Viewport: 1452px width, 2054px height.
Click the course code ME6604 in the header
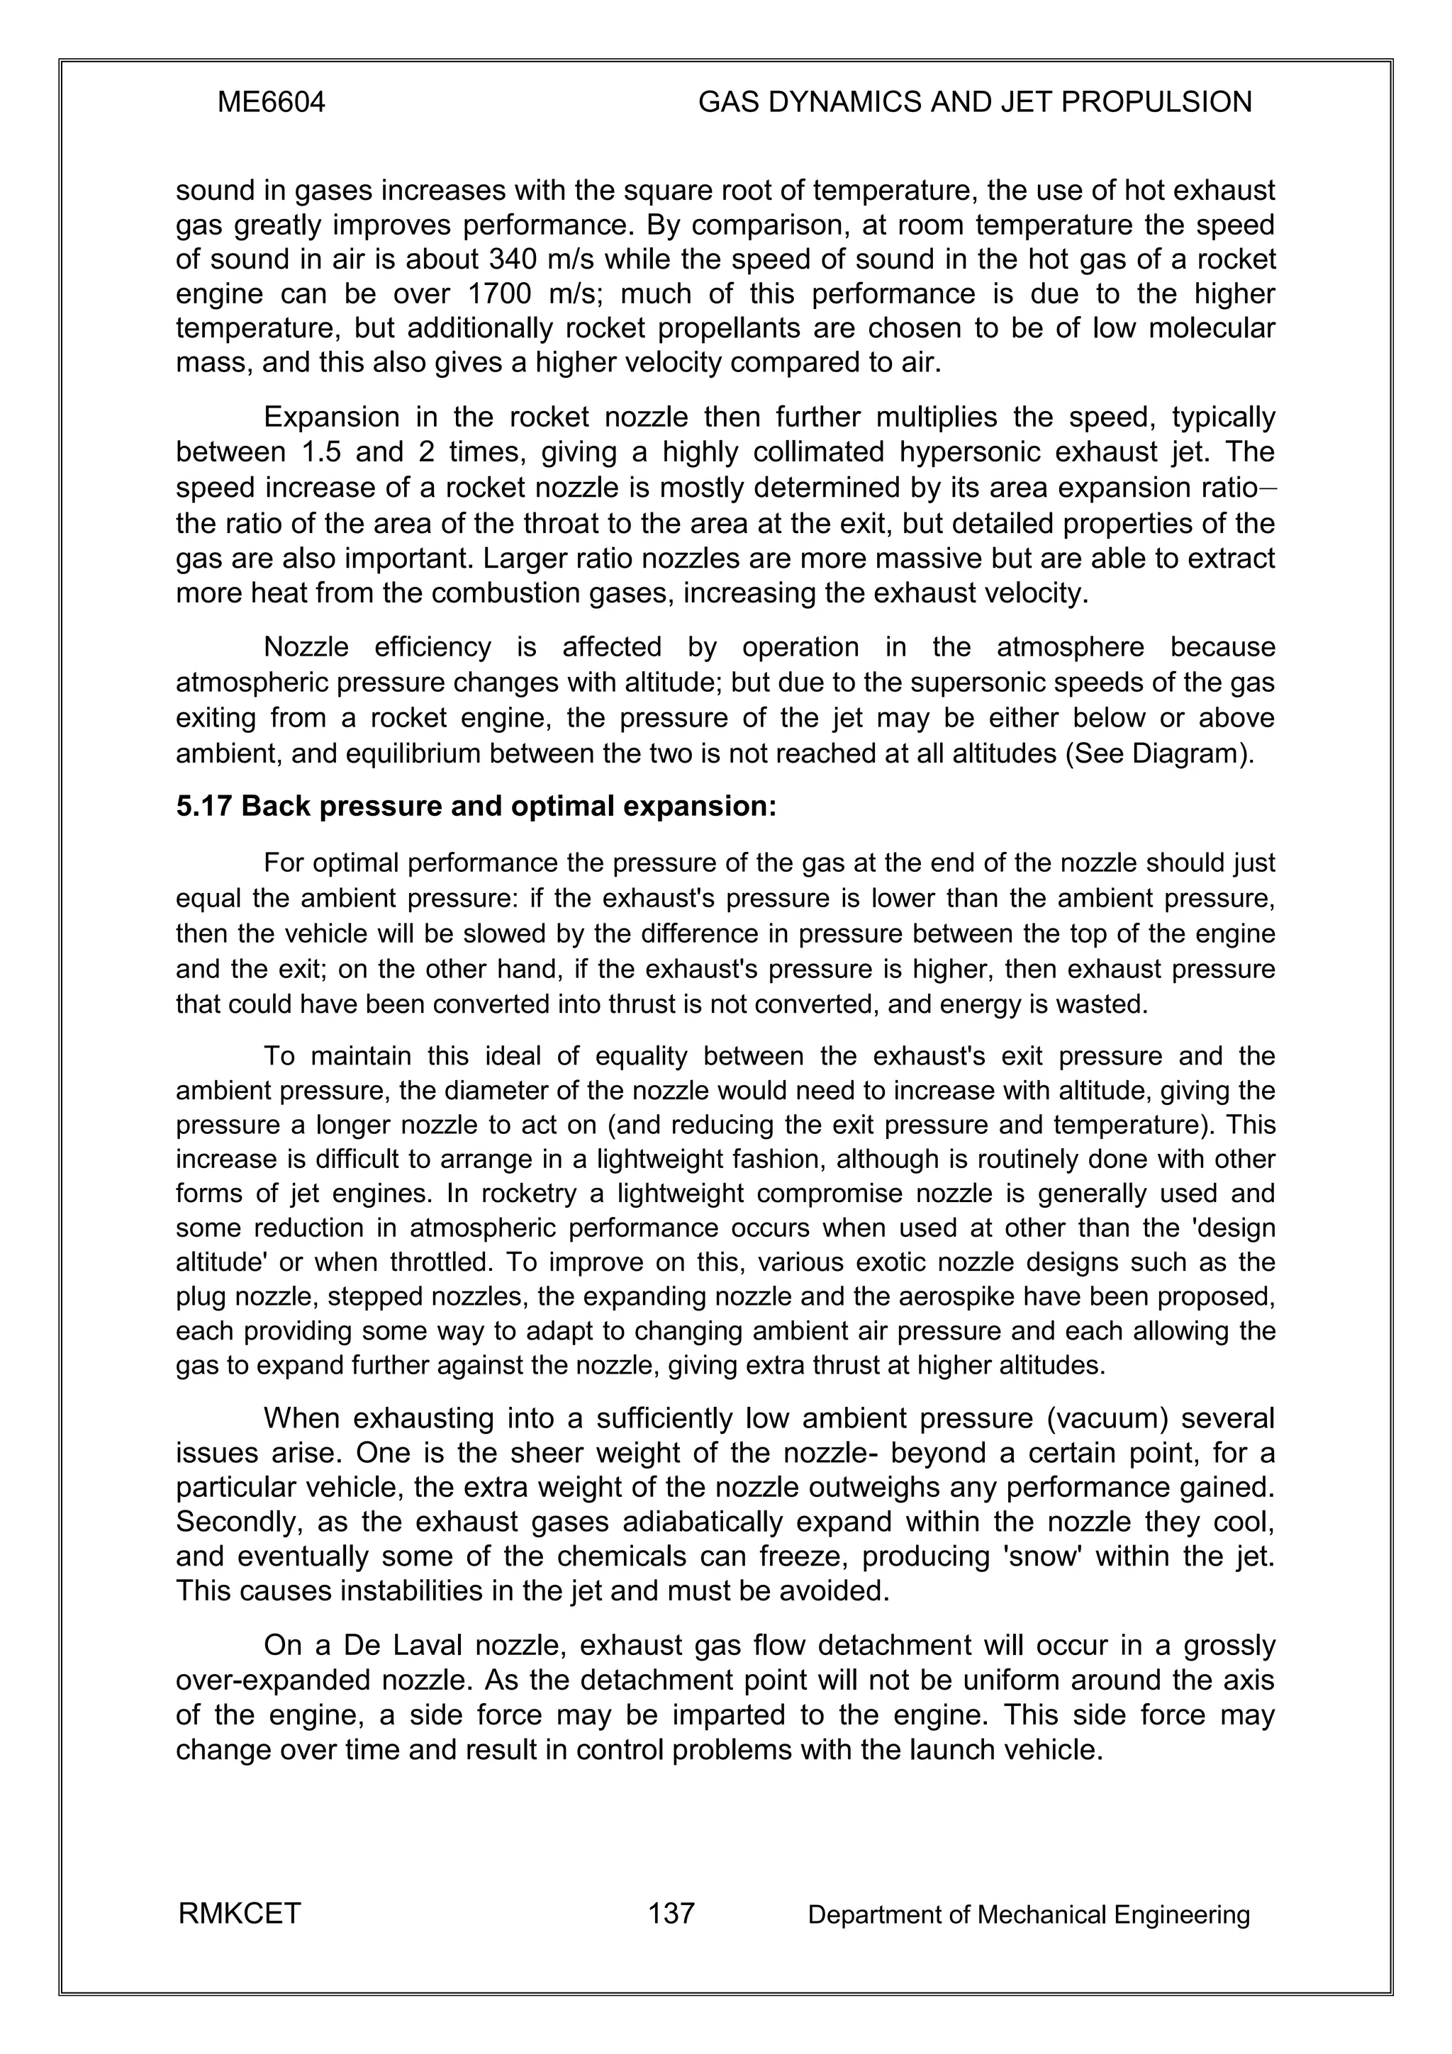[x=271, y=103]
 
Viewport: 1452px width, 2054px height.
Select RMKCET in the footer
[x=240, y=1914]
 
